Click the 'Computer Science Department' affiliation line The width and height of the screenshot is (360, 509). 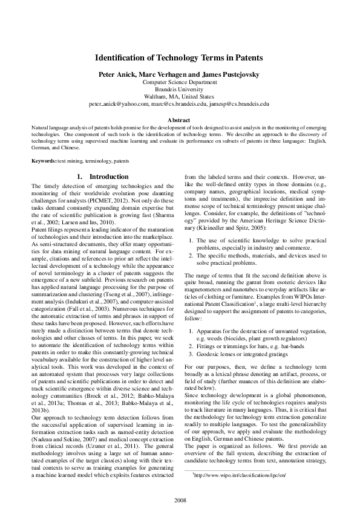click(179, 81)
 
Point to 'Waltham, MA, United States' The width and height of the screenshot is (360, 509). click(179, 96)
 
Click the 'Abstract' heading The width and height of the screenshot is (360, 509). click(179, 121)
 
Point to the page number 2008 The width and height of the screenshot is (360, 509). click(180, 500)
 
